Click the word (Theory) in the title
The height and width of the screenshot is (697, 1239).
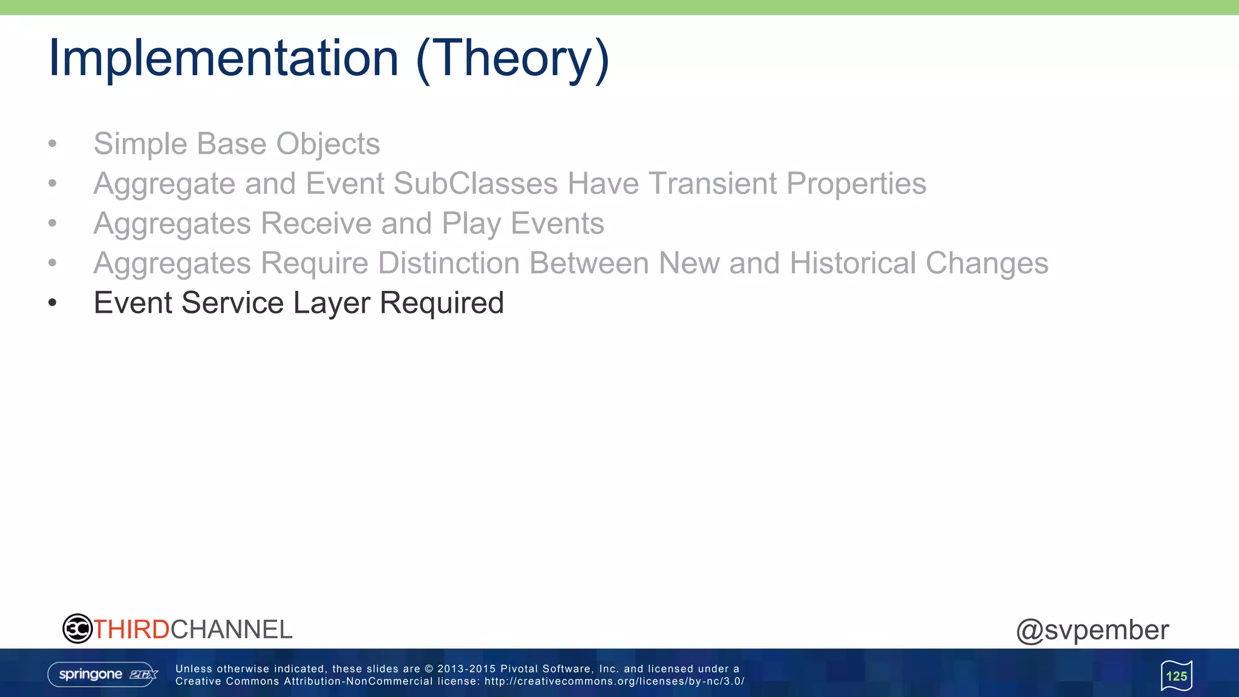pos(512,59)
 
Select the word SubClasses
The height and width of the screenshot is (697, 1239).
pos(476,183)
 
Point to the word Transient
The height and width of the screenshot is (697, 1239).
pos(711,183)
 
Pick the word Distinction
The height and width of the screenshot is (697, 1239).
pos(449,263)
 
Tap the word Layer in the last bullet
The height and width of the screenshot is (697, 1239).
pos(332,303)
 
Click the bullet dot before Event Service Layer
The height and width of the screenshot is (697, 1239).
pos(53,303)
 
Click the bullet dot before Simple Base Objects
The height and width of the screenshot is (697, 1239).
pos(53,144)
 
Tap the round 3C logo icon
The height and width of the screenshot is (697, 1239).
pos(77,629)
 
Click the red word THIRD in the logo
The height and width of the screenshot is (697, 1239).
pos(131,630)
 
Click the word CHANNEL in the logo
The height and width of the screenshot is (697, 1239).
pos(232,630)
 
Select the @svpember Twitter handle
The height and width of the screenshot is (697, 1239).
pos(1092,630)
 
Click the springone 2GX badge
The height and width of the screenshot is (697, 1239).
pos(103,674)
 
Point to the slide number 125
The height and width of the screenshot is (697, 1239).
pos(1176,676)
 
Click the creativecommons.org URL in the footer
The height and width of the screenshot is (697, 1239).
pos(614,681)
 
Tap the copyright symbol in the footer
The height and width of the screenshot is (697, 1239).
pos(429,669)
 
